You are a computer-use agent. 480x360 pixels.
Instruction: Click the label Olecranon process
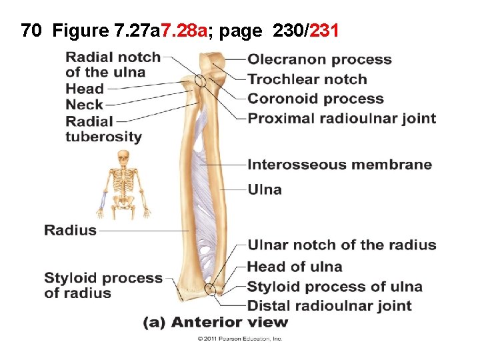tap(319, 60)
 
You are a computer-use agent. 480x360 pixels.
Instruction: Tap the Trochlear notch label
tap(307, 79)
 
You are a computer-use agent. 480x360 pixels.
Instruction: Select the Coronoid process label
tap(315, 99)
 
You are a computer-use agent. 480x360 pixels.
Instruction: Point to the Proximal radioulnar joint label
tap(341, 119)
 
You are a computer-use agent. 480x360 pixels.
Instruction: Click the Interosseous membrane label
tap(339, 165)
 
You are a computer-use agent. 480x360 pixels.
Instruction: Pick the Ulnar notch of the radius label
tap(341, 245)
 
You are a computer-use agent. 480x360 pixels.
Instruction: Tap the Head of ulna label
tap(294, 267)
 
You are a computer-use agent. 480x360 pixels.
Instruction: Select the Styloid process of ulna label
tap(335, 287)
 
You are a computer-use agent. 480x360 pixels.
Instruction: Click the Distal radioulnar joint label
tap(329, 306)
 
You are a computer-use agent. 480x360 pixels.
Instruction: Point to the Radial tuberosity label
tap(103, 129)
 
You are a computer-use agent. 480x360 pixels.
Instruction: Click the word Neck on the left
tap(84, 105)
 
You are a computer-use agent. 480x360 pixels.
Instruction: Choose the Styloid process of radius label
tap(103, 285)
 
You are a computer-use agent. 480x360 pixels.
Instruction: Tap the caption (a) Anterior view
tap(216, 323)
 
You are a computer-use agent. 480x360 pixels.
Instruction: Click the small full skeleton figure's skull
tap(123, 157)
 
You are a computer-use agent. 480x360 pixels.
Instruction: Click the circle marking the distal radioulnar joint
tap(210, 289)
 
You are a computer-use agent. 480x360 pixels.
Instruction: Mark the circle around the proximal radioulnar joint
tap(201, 82)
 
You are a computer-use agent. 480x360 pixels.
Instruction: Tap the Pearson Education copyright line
tap(239, 339)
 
